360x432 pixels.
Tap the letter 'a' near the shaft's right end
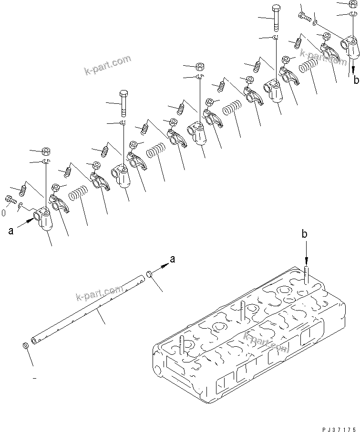pos(173,259)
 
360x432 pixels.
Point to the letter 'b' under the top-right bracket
pos(356,80)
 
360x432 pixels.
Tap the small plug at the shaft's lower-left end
pos(25,345)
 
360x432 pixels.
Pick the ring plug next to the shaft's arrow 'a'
pos(149,274)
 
